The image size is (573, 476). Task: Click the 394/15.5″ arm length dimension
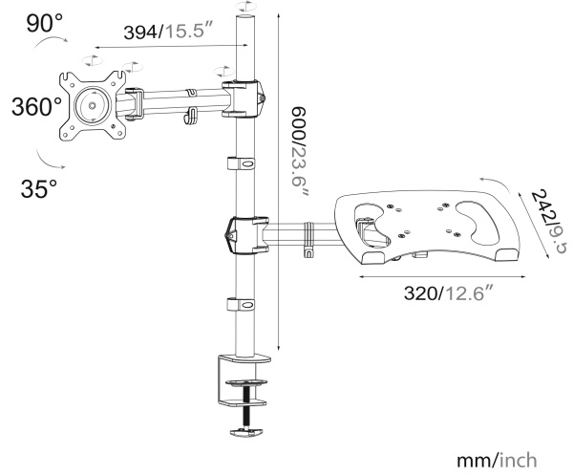click(162, 32)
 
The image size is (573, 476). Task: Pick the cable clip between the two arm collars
click(243, 164)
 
